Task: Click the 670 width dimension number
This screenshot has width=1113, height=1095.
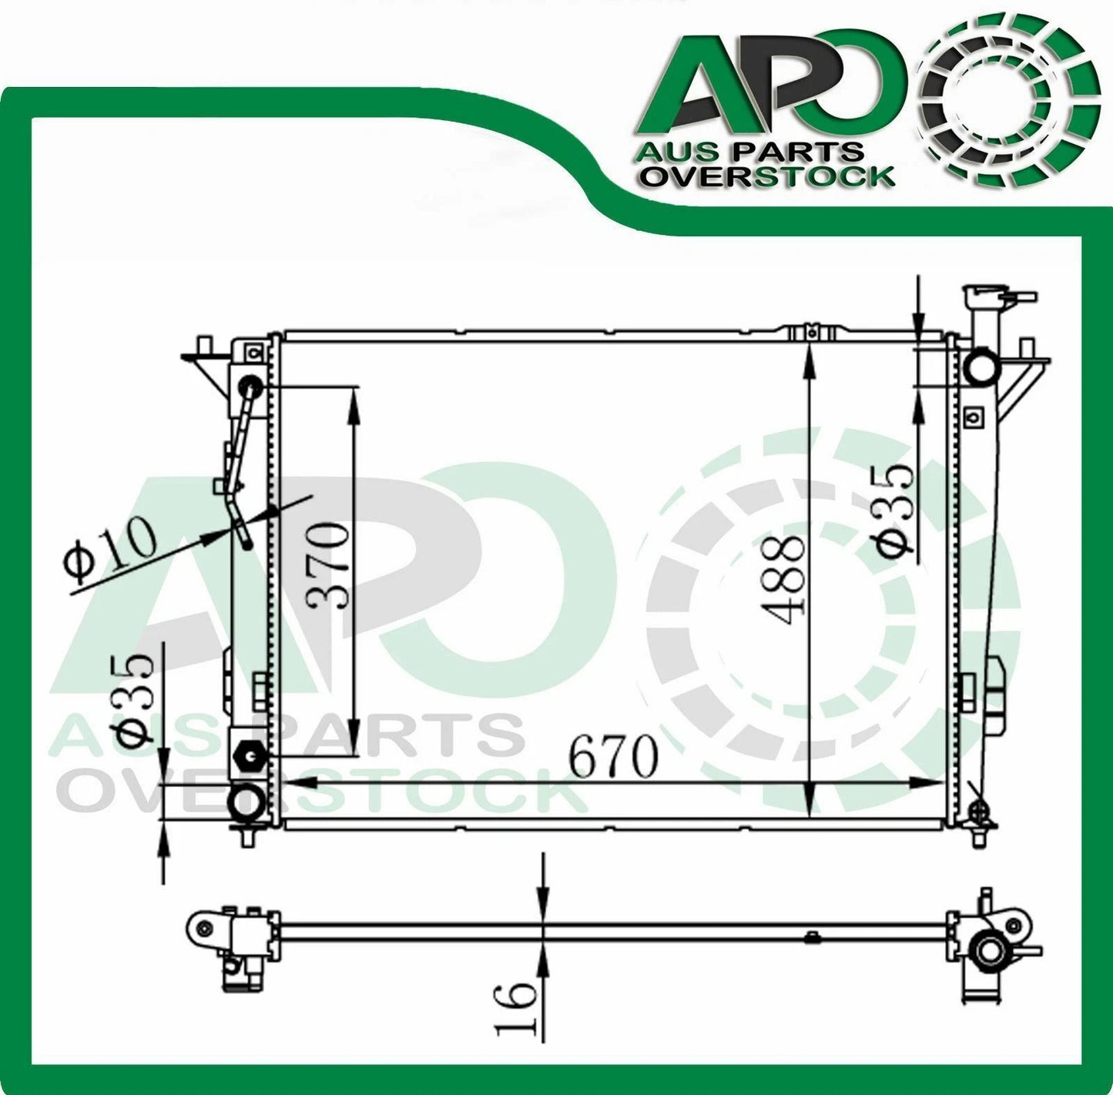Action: pyautogui.click(x=614, y=758)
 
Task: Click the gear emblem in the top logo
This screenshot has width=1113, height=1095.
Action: pyautogui.click(x=1011, y=114)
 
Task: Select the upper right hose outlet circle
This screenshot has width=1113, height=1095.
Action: pyautogui.click(x=980, y=365)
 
